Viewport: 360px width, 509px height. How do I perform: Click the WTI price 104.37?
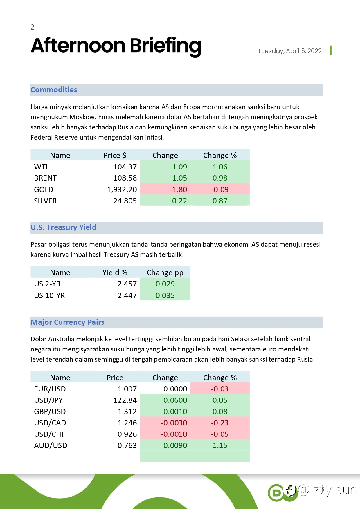[x=125, y=167]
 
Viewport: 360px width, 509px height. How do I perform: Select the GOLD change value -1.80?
[x=178, y=189]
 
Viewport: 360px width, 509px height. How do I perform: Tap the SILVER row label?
[x=45, y=201]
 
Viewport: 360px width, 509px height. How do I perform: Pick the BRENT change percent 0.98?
[x=220, y=178]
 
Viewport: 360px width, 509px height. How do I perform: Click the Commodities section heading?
[x=54, y=90]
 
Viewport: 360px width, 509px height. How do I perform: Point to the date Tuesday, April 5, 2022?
[x=289, y=51]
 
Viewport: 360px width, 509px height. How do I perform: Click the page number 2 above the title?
[x=33, y=27]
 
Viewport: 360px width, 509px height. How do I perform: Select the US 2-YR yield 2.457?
[x=127, y=284]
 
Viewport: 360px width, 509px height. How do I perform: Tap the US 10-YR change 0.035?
[x=165, y=295]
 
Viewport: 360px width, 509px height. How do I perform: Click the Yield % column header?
[x=115, y=272]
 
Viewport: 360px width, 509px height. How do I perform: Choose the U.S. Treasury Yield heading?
[x=63, y=227]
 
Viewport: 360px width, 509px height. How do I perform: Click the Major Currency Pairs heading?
[x=67, y=322]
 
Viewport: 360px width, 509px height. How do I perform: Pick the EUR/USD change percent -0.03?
[x=219, y=389]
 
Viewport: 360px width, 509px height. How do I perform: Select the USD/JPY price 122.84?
[x=125, y=400]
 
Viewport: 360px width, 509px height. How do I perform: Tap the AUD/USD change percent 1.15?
[x=220, y=445]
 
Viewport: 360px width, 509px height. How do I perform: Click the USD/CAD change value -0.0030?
[x=174, y=423]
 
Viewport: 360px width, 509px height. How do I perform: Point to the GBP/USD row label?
[x=50, y=411]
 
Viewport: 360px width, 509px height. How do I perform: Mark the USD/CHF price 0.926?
[x=127, y=434]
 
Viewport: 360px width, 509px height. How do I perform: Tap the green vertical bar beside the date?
[x=331, y=50]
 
